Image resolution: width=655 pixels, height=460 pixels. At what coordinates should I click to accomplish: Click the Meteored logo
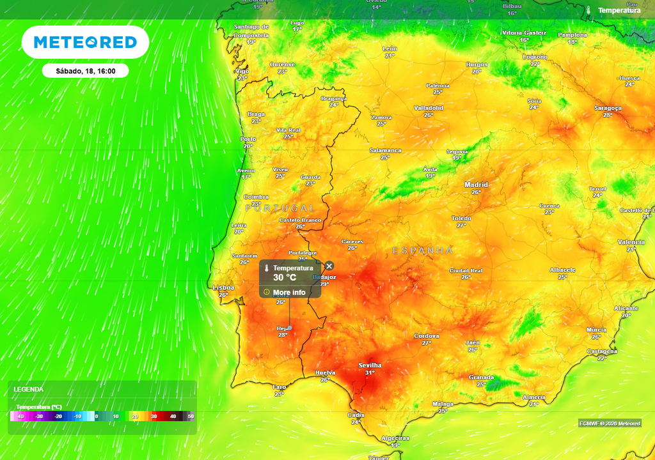point(85,43)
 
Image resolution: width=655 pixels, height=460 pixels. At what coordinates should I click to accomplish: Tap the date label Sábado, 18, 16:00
point(85,71)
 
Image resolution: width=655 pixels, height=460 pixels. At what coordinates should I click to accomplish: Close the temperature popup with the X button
point(329,266)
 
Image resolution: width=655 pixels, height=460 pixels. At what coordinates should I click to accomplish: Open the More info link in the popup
point(289,293)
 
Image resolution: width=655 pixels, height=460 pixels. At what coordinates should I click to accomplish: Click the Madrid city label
point(476,185)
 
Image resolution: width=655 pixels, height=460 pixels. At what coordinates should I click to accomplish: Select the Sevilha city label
point(370,365)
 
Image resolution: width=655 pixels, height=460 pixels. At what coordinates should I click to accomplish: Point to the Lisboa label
point(223,287)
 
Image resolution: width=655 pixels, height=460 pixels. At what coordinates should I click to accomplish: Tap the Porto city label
point(248,139)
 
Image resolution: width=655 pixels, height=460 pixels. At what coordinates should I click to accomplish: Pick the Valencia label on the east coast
point(631,242)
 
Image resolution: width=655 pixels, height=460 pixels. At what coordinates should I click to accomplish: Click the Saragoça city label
point(608,108)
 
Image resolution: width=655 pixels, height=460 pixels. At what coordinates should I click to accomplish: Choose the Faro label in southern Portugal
point(280,387)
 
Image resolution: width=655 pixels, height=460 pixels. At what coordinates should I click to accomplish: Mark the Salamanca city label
point(385,150)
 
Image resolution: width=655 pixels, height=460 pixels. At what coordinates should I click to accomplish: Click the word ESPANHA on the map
point(422,250)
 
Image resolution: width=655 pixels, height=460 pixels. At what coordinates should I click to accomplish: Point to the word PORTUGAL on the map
point(280,208)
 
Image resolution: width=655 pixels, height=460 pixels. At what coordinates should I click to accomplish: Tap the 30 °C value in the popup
point(285,278)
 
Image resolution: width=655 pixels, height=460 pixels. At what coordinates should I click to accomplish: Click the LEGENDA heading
point(29,389)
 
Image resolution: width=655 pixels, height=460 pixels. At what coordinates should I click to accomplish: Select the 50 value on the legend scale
point(191,417)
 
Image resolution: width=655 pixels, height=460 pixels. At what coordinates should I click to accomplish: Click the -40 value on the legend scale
point(20,417)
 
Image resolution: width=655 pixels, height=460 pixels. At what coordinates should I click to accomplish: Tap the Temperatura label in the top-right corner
point(619,10)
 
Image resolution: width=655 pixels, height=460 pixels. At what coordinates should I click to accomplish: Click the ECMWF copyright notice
point(610,424)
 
